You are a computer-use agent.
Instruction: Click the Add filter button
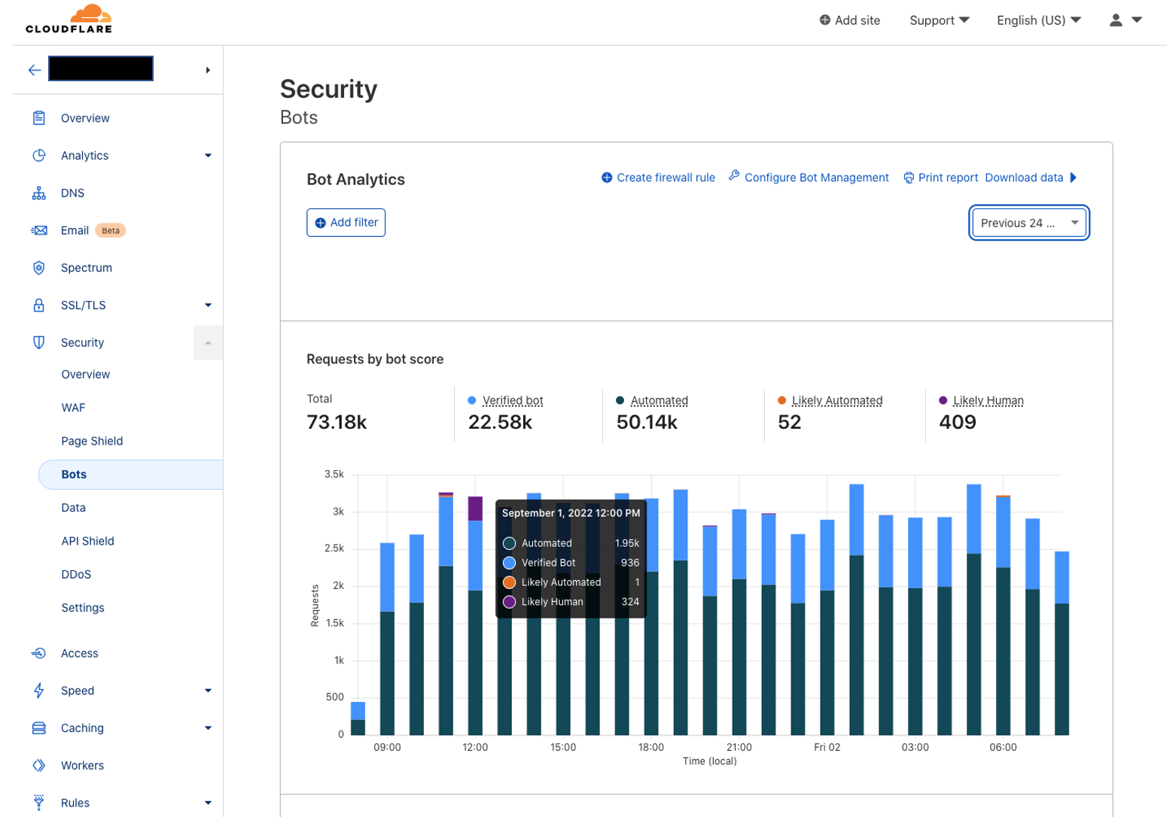click(346, 223)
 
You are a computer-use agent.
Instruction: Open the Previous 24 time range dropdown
click(1028, 223)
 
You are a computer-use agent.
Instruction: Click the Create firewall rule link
click(658, 178)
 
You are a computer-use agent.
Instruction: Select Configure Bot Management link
click(809, 178)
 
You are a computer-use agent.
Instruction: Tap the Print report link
click(940, 178)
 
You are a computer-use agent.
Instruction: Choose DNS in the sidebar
click(72, 193)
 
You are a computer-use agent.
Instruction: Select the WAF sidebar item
click(73, 408)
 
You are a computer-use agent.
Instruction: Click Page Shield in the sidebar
click(92, 441)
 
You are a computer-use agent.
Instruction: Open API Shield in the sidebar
click(87, 541)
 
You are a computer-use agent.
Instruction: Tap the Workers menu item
click(82, 765)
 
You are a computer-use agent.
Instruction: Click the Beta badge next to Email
click(111, 230)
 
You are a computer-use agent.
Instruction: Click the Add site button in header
click(849, 20)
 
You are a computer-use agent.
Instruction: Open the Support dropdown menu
click(939, 20)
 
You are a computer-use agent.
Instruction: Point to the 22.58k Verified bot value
click(500, 422)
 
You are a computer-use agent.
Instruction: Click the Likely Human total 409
click(957, 422)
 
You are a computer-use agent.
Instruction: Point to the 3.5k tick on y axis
click(334, 474)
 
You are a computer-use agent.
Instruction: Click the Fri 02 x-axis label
click(827, 747)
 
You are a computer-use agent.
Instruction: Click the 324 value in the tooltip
click(630, 602)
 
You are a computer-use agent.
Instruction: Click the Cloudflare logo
click(69, 19)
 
